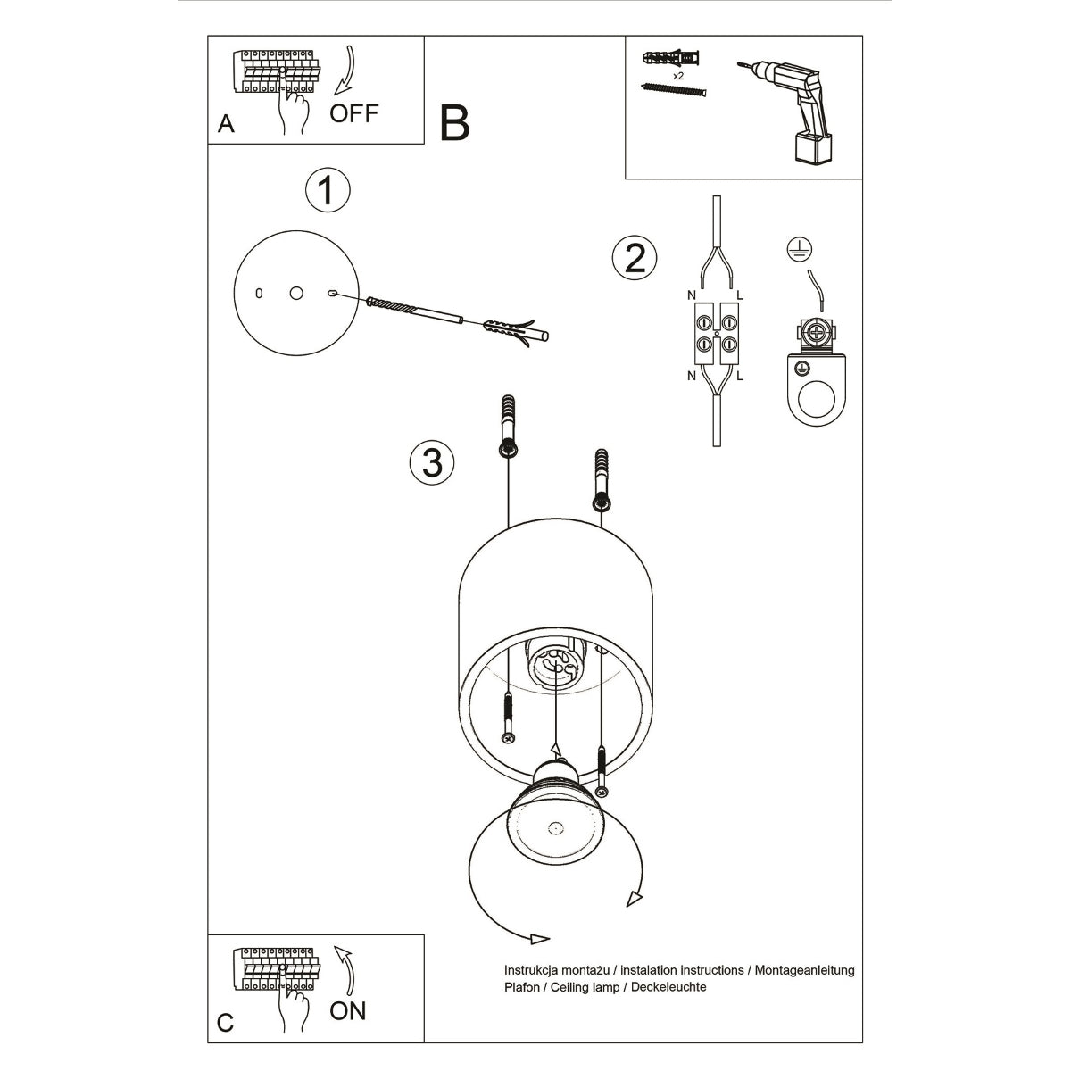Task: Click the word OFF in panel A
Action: click(354, 112)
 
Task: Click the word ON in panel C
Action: click(348, 1010)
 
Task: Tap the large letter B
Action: click(454, 123)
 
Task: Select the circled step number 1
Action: click(328, 190)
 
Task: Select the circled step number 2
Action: click(635, 258)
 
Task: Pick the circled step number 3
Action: click(432, 462)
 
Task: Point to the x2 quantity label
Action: click(680, 77)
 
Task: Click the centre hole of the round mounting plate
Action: click(296, 293)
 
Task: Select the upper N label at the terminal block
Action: click(692, 295)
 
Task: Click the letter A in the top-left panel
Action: click(227, 124)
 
